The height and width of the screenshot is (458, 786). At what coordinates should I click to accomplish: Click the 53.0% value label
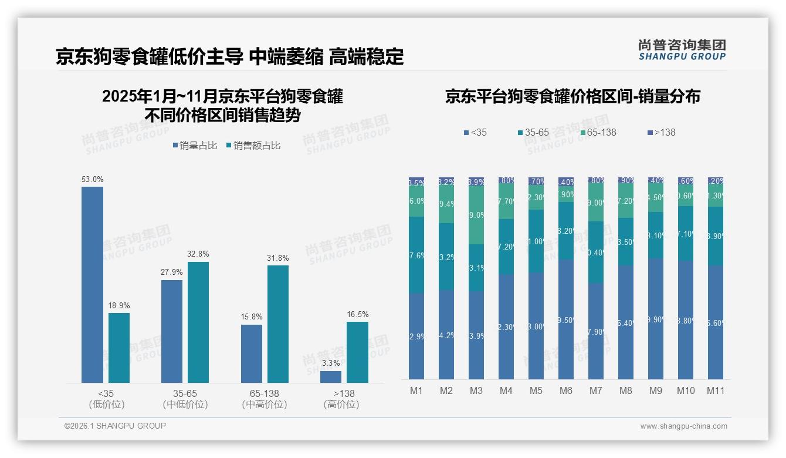click(x=92, y=179)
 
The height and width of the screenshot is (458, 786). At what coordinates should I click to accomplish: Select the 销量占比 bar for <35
click(x=92, y=285)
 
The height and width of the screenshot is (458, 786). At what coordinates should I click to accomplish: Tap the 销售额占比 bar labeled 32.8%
click(x=198, y=322)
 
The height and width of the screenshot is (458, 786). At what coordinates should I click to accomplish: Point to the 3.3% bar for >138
click(x=331, y=376)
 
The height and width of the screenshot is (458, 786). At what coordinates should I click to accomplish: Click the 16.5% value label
click(x=357, y=314)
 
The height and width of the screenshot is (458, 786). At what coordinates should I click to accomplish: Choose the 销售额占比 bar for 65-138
click(x=277, y=324)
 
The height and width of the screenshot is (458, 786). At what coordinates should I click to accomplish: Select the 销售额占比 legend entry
click(x=252, y=146)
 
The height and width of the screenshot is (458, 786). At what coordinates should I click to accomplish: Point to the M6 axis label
click(x=566, y=390)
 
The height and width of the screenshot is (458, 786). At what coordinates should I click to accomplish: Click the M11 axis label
click(x=715, y=390)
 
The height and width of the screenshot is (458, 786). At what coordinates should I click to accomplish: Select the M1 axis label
click(x=416, y=390)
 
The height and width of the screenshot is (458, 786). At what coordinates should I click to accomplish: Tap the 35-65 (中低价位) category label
click(x=185, y=399)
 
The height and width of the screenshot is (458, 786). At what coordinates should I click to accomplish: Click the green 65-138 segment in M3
click(x=476, y=215)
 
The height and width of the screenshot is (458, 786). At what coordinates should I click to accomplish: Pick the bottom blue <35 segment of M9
click(x=656, y=319)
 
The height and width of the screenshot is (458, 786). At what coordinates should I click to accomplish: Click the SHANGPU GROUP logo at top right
click(x=682, y=50)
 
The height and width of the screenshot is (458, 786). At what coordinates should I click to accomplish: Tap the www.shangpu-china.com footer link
click(x=683, y=426)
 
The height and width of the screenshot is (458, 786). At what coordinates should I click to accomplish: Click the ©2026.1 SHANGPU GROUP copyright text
click(x=115, y=426)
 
